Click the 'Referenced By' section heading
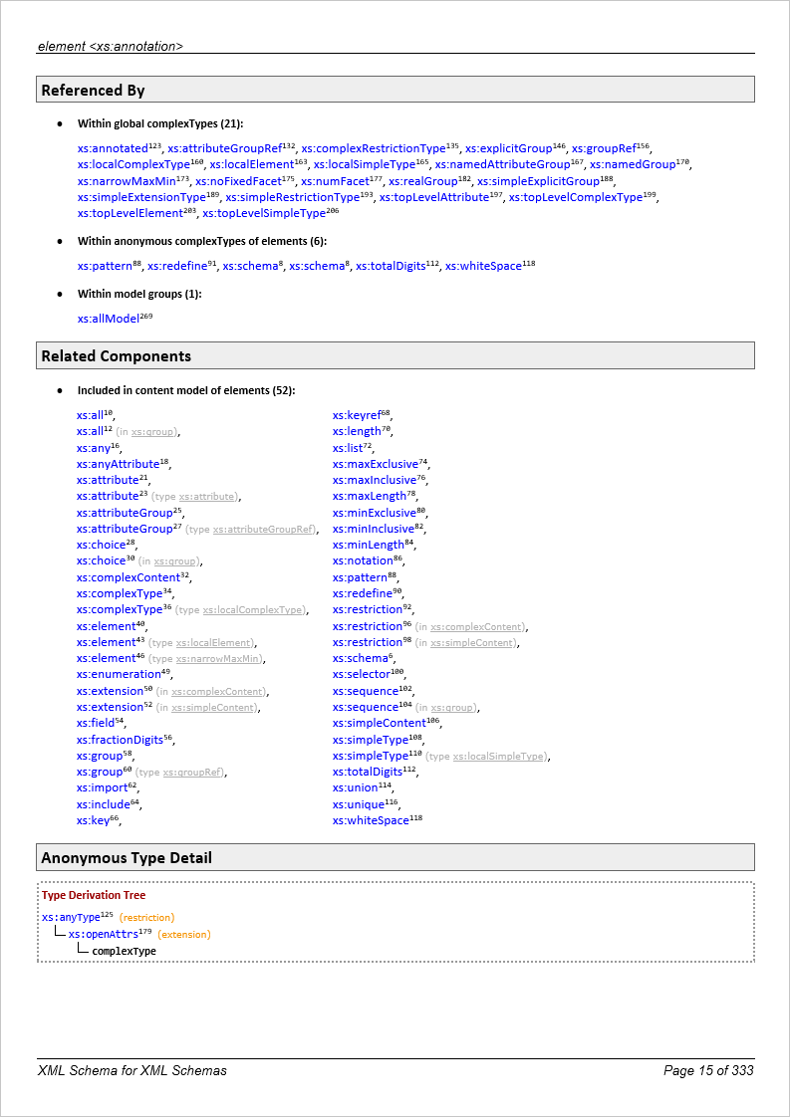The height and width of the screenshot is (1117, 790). click(93, 91)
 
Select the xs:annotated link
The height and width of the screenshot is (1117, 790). click(112, 148)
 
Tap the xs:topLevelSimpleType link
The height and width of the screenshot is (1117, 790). click(263, 213)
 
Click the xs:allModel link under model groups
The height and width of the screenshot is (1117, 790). click(108, 319)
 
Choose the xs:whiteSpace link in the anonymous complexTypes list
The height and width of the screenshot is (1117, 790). click(482, 267)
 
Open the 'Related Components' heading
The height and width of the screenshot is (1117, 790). click(116, 356)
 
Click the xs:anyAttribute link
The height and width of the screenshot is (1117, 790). click(118, 464)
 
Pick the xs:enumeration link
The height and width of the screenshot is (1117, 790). click(118, 674)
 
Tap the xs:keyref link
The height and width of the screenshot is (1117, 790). click(356, 415)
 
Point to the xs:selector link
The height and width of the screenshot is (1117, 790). click(361, 674)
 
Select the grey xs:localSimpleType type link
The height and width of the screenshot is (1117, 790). click(499, 757)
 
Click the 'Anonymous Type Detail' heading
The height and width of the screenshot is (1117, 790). click(126, 858)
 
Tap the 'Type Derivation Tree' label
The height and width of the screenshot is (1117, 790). click(94, 896)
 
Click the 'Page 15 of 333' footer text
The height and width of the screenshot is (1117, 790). click(708, 1071)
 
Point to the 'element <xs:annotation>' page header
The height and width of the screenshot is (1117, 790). click(110, 46)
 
